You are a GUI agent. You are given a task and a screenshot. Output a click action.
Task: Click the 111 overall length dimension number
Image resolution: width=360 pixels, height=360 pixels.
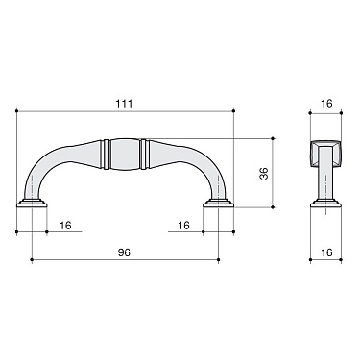coord(125,102)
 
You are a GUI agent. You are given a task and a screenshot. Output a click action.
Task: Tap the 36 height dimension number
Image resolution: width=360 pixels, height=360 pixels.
coord(264,173)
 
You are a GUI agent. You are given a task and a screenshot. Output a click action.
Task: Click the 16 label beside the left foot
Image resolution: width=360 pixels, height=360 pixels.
coord(65,226)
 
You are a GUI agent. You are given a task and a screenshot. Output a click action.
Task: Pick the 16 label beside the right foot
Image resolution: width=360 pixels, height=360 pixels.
coord(182,226)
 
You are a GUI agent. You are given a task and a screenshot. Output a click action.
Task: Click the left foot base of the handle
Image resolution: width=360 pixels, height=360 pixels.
coord(32,205)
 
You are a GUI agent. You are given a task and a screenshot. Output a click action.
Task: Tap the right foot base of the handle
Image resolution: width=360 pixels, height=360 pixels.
coord(219,205)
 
